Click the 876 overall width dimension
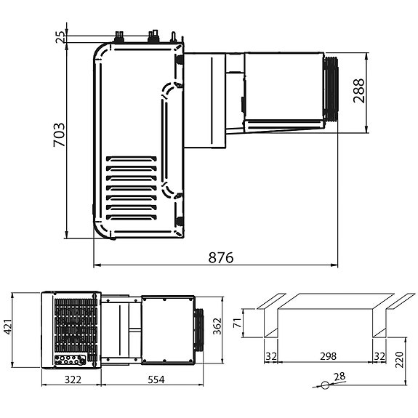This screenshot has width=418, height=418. (222, 259)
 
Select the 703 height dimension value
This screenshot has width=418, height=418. (60, 135)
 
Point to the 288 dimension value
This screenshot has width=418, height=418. (359, 91)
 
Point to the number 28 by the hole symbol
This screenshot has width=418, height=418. (339, 377)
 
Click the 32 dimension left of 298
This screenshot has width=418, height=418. (271, 358)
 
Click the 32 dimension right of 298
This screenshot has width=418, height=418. (379, 358)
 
